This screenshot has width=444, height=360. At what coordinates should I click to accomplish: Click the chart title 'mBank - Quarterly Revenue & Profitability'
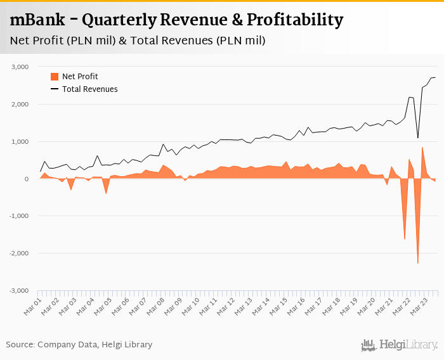[176, 20]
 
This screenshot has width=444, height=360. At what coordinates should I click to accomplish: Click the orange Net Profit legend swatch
[55, 77]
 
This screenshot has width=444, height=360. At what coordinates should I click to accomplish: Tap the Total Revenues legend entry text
[89, 89]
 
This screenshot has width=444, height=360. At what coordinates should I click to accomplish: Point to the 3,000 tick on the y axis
[20, 67]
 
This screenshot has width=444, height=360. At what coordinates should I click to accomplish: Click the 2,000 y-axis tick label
[20, 104]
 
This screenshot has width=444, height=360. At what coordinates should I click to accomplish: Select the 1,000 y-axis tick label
[20, 141]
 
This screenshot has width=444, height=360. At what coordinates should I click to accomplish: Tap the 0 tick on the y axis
[27, 179]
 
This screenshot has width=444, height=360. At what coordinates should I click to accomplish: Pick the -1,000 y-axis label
[19, 216]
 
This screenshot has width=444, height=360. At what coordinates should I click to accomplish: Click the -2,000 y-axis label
[19, 254]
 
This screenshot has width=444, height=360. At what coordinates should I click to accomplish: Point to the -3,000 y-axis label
[19, 291]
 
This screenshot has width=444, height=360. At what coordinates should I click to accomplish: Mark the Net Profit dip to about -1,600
[405, 239]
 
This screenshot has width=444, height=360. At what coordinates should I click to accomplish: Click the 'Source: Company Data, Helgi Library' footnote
[79, 345]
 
